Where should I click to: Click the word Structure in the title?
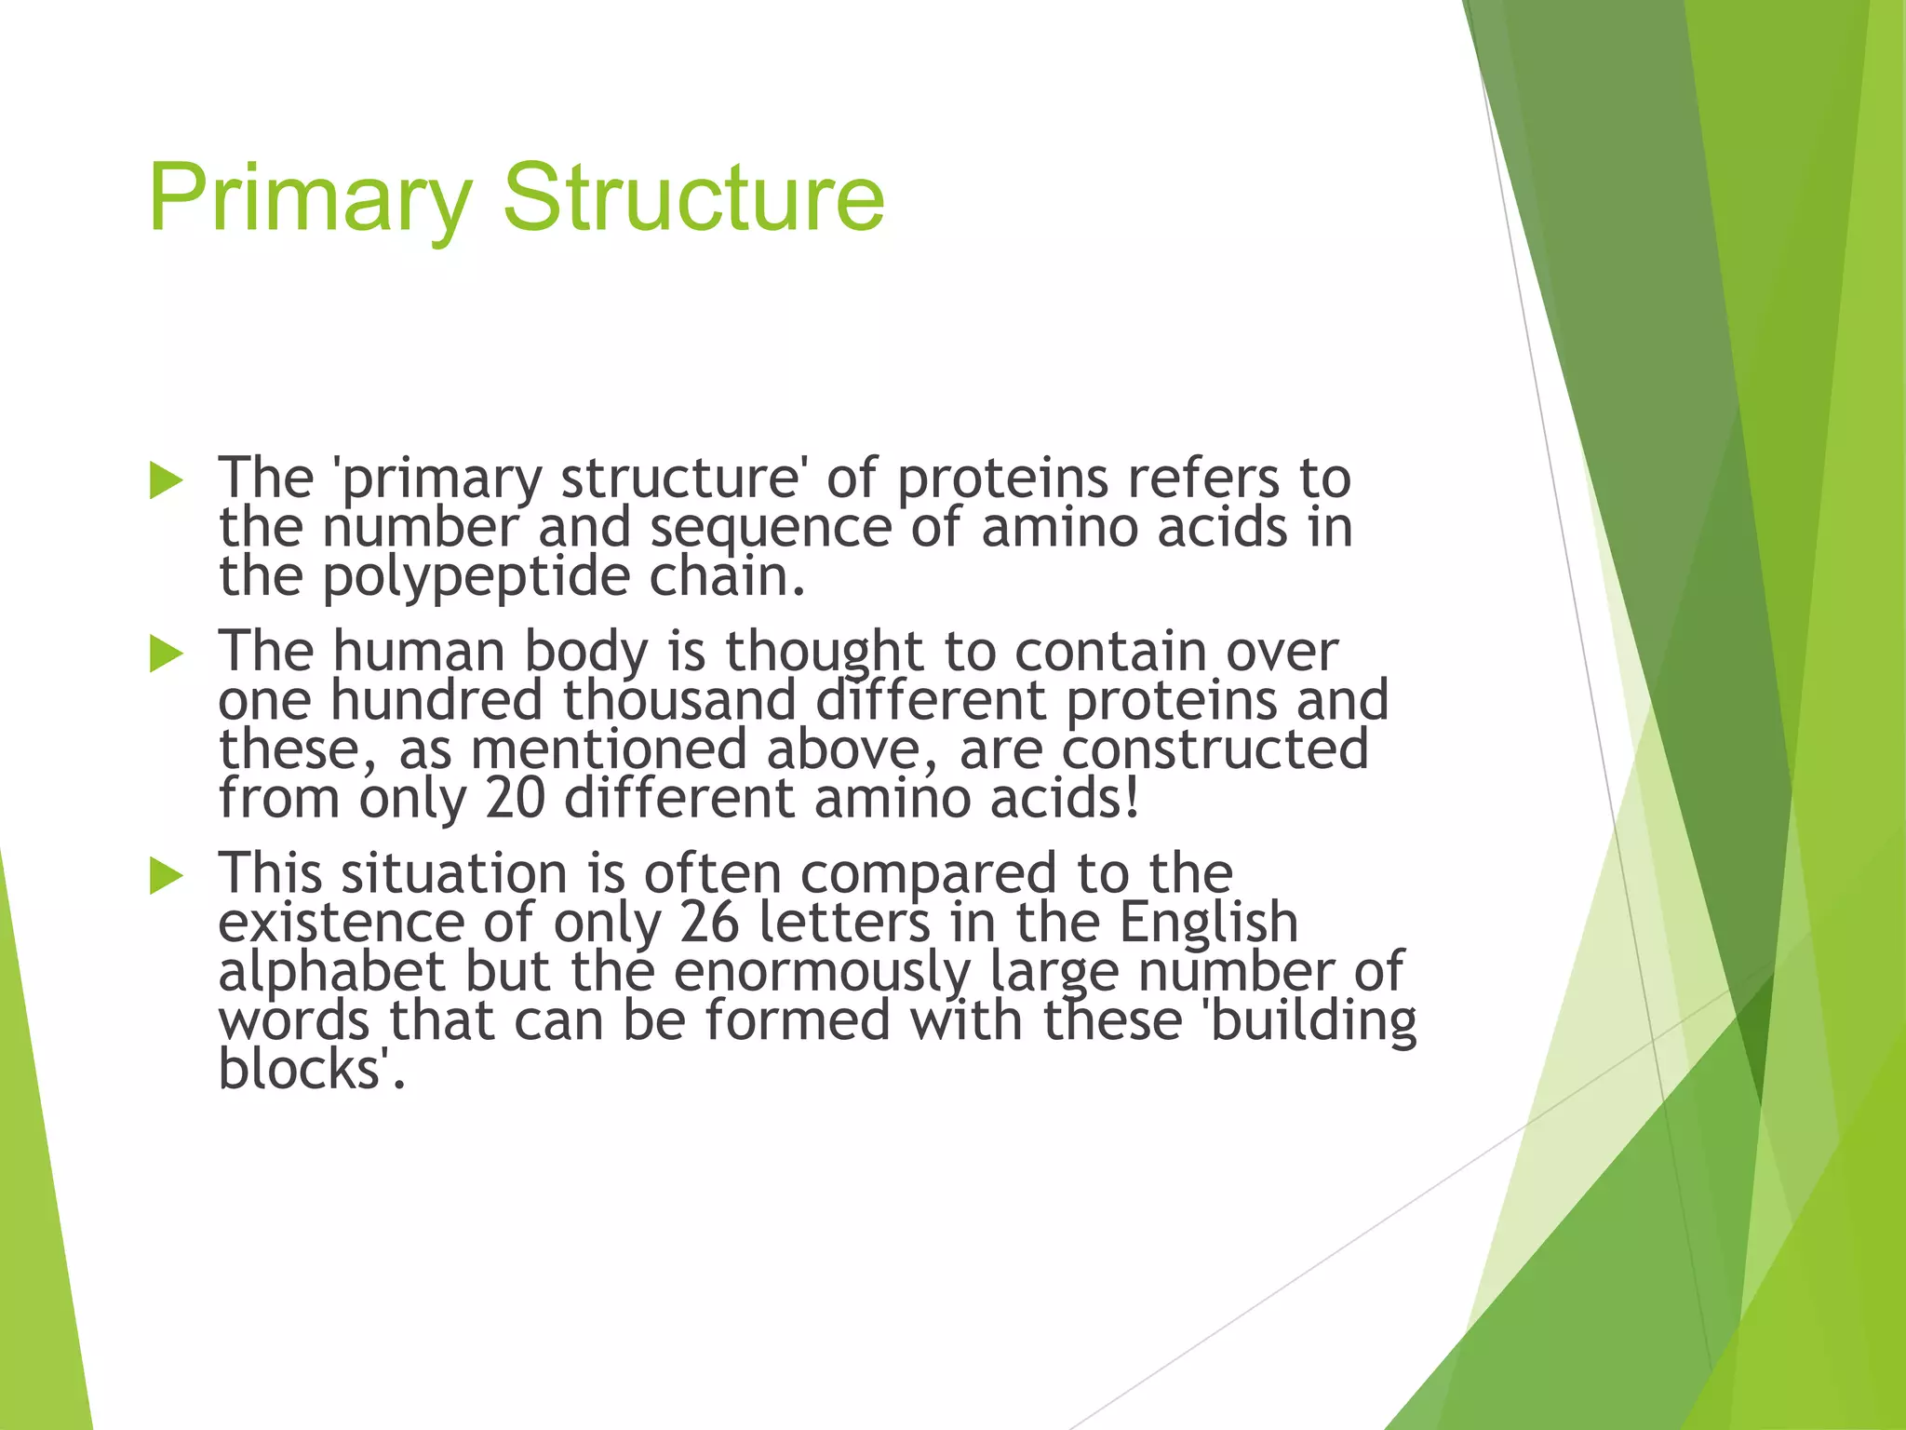pyautogui.click(x=693, y=198)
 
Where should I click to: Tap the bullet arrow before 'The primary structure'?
pyautogui.click(x=166, y=481)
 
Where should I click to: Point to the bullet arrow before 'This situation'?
pyautogui.click(x=166, y=876)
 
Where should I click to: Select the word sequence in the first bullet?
pyautogui.click(x=771, y=528)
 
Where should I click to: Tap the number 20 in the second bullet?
pyautogui.click(x=515, y=799)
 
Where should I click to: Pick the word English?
pyautogui.click(x=1208, y=923)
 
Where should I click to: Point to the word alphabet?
pyautogui.click(x=331, y=972)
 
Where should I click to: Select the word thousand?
pyautogui.click(x=679, y=700)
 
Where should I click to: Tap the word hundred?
pyautogui.click(x=436, y=700)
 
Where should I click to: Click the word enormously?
pyautogui.click(x=822, y=972)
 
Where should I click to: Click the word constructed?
pyautogui.click(x=1215, y=749)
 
